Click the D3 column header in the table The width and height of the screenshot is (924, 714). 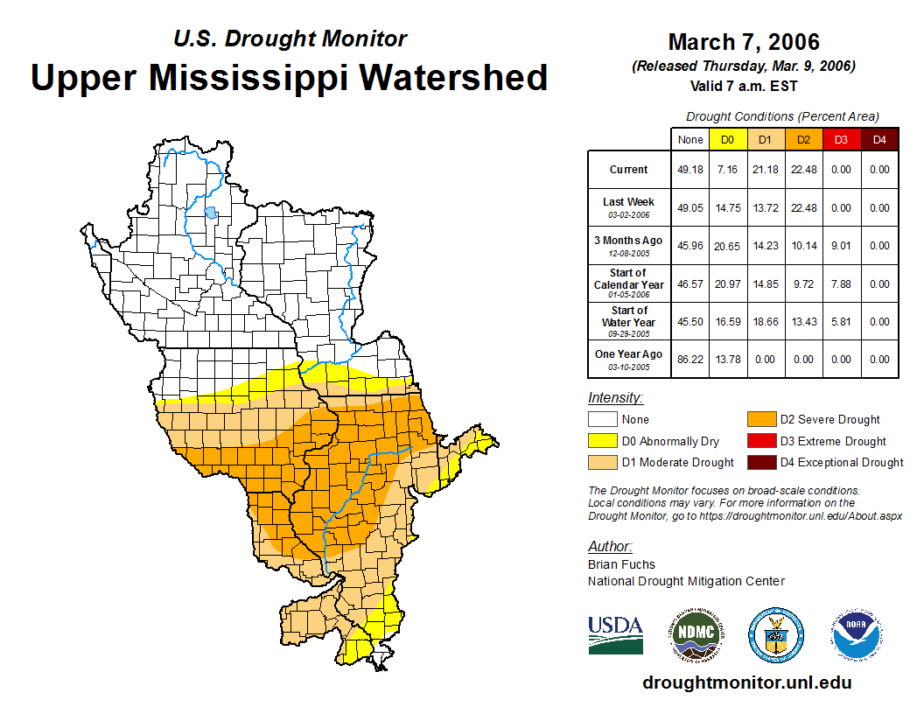[x=841, y=139]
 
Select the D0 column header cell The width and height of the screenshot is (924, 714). [x=728, y=139]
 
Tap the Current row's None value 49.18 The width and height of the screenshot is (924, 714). [x=690, y=170]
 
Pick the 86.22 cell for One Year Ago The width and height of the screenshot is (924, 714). [x=690, y=360]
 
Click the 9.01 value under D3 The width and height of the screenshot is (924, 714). [x=841, y=246]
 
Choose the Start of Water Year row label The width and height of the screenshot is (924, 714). [x=628, y=317]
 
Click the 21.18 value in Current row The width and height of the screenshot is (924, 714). [x=766, y=170]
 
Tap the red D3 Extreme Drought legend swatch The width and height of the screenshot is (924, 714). [x=760, y=441]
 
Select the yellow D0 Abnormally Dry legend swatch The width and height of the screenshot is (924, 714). [x=602, y=441]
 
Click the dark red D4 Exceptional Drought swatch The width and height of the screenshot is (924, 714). [x=760, y=462]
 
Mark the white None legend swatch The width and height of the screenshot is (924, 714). [x=602, y=420]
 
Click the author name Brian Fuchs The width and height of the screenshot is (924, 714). [x=621, y=564]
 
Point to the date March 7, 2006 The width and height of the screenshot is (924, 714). [x=744, y=42]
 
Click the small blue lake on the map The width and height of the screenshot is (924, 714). [x=210, y=212]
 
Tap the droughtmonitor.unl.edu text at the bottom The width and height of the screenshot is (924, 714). [x=746, y=682]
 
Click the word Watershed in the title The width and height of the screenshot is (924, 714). [x=453, y=77]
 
